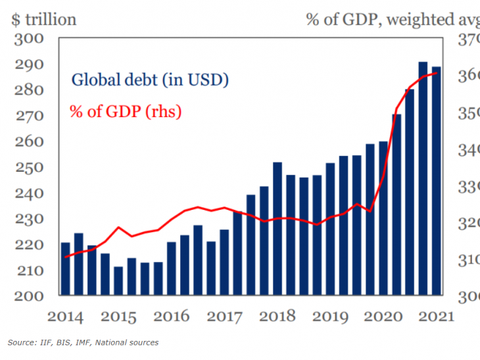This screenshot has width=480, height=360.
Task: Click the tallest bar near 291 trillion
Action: [423, 178]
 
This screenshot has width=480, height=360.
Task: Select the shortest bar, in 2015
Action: [118, 281]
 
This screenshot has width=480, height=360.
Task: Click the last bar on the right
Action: [436, 180]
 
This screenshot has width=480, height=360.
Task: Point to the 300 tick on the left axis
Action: [29, 38]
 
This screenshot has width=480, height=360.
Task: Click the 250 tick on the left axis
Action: [29, 168]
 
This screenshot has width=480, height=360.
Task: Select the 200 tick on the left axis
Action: [29, 296]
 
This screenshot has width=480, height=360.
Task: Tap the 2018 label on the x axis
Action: [277, 316]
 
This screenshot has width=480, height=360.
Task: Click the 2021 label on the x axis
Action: [437, 316]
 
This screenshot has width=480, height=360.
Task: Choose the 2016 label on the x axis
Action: [172, 316]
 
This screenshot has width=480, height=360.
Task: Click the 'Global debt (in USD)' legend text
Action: [149, 80]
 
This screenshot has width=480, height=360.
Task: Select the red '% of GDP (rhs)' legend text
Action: [125, 112]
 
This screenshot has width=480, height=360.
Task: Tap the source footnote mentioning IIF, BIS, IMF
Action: [83, 342]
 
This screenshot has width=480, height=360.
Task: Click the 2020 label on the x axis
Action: [383, 316]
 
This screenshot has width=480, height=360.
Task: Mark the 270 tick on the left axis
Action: [29, 116]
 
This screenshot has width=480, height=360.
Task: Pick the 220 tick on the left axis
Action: [29, 245]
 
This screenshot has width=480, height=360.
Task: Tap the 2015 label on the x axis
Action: [119, 316]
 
